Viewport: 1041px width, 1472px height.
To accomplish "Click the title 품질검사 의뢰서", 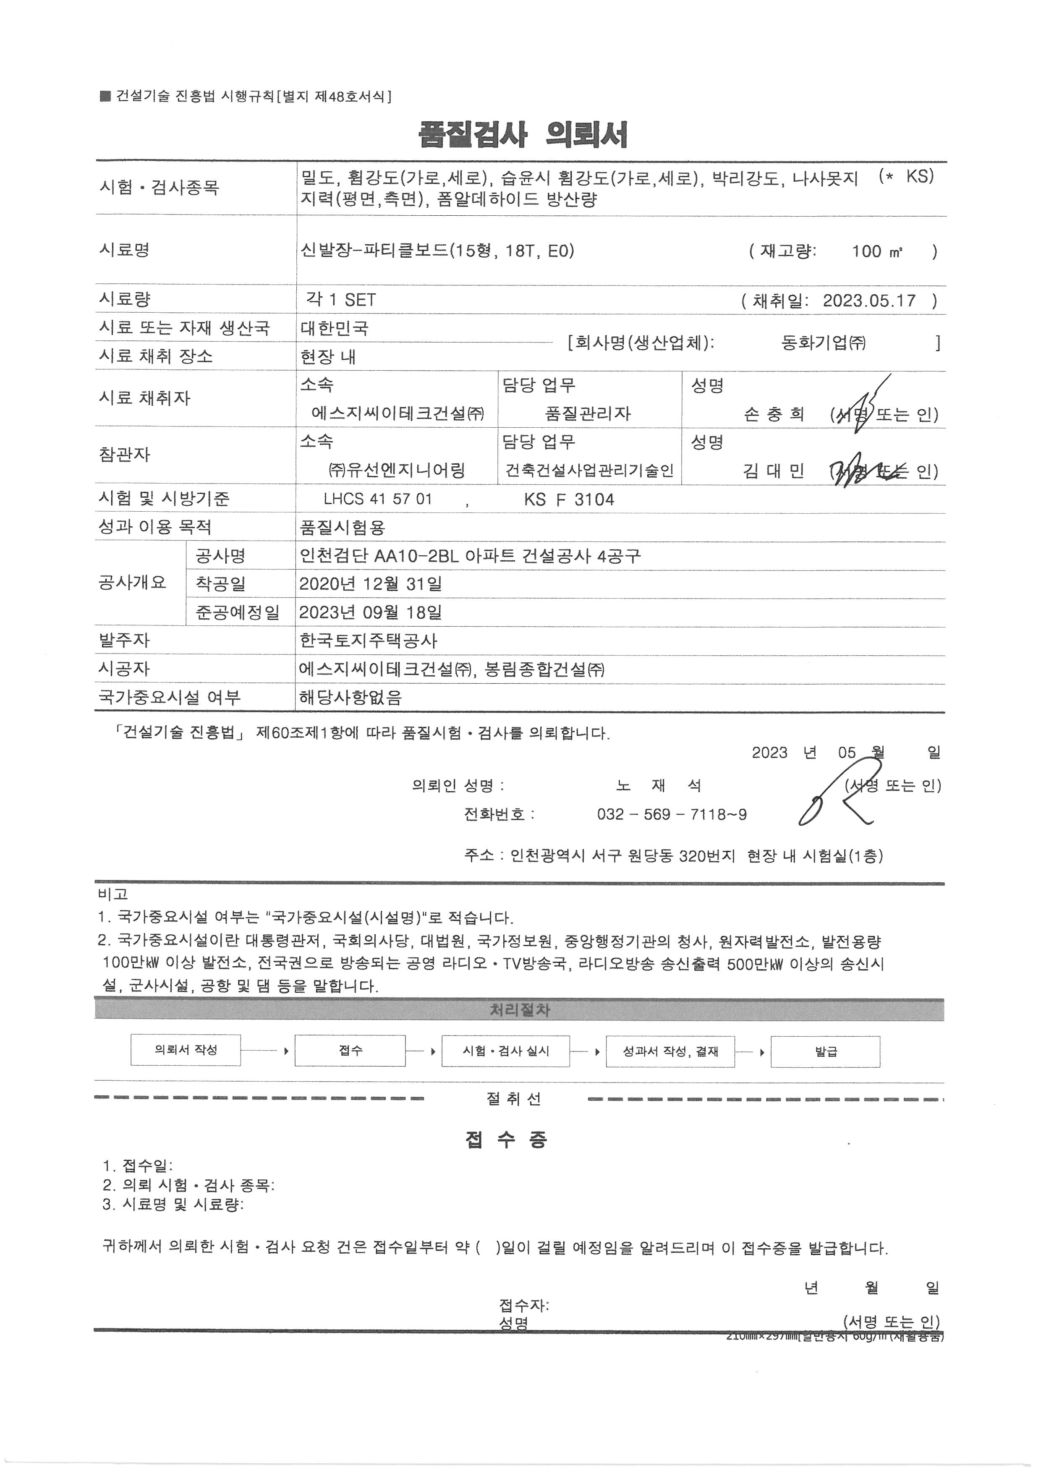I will tap(523, 135).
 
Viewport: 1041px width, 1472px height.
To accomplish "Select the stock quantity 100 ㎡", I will tap(877, 251).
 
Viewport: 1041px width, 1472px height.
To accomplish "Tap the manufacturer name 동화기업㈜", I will tap(823, 343).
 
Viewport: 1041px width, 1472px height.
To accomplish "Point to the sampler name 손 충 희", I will tap(774, 414).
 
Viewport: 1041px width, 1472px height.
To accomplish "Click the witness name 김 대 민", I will tap(773, 472).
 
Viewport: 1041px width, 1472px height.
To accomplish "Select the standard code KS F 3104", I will tap(569, 499).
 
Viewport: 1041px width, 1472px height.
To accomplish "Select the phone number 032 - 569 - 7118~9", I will tap(671, 815).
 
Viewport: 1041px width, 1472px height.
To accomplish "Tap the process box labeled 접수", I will tap(350, 1051).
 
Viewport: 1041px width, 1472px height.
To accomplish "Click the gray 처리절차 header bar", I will tap(519, 1010).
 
